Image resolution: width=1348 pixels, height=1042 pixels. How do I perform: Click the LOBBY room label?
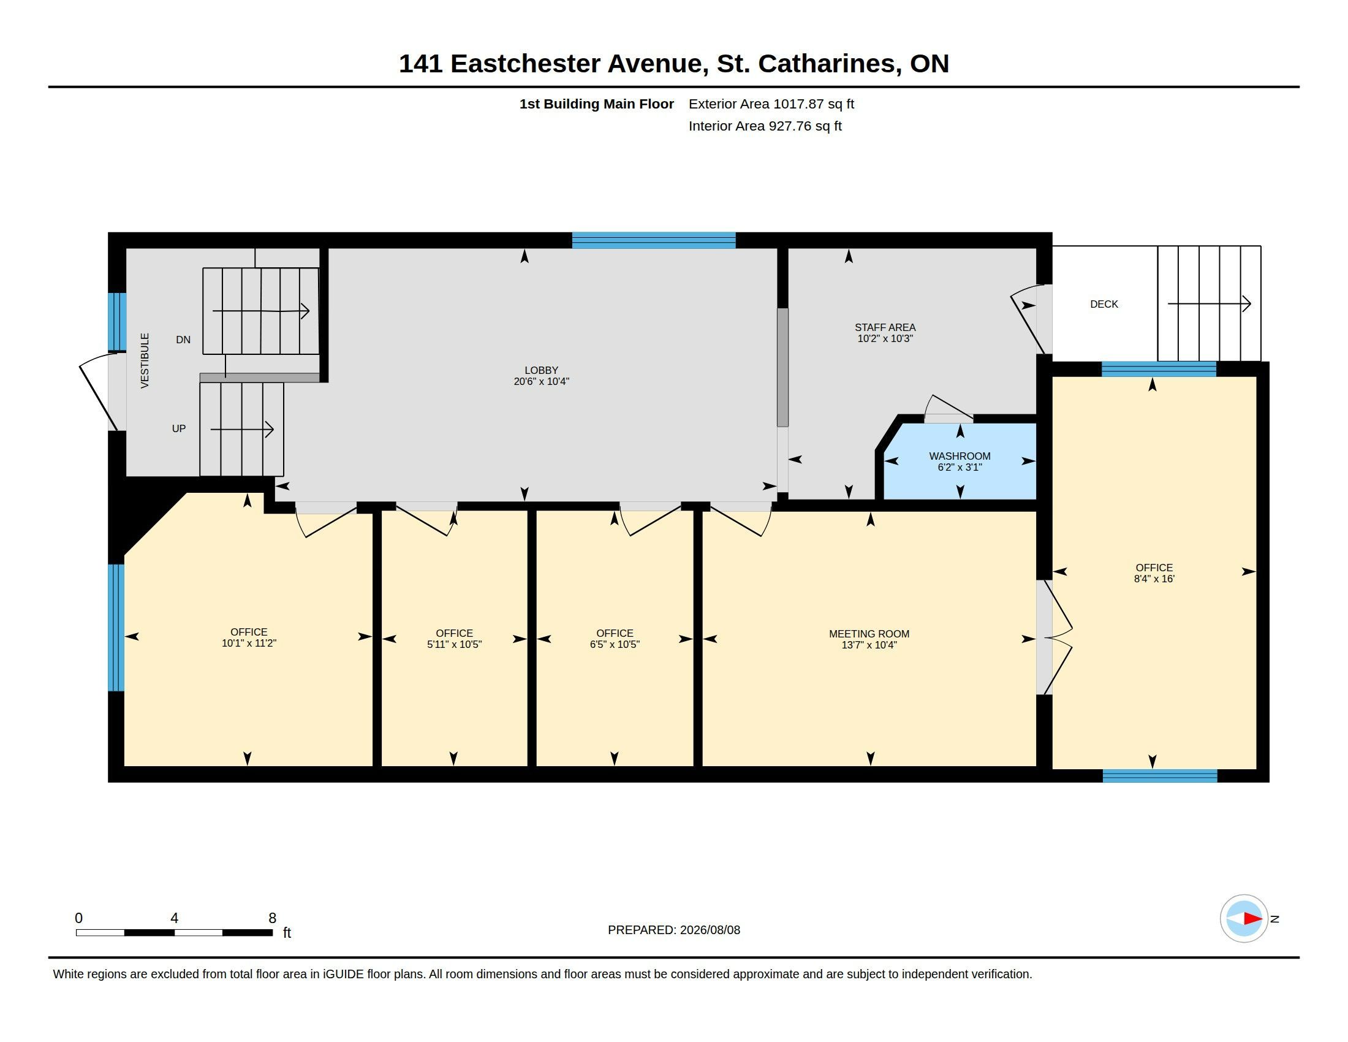[x=541, y=370]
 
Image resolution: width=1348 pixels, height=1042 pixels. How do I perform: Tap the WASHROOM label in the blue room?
[x=960, y=456]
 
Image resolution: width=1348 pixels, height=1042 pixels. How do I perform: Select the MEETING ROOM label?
[x=869, y=634]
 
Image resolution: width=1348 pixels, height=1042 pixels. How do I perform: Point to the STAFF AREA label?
[x=885, y=327]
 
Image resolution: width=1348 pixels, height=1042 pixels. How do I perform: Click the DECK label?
[x=1104, y=305]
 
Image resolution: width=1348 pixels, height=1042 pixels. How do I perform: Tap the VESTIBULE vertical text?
[x=145, y=360]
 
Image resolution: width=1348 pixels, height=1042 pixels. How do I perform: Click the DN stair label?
[x=183, y=340]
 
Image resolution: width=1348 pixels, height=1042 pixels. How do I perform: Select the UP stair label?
[x=179, y=428]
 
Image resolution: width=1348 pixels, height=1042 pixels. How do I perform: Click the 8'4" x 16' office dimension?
[x=1154, y=579]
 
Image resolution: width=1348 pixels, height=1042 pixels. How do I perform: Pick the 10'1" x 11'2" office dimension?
[x=249, y=643]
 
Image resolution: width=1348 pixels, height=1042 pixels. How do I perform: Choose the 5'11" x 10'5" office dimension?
[x=454, y=644]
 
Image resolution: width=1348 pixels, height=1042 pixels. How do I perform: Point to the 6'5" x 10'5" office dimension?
[x=615, y=644]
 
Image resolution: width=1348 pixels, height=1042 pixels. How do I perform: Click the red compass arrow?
[x=1252, y=919]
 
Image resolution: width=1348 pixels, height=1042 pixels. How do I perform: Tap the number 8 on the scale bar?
[x=272, y=918]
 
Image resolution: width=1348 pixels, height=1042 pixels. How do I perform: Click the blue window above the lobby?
[x=654, y=240]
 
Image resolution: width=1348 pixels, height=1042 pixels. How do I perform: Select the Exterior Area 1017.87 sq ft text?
[x=771, y=104]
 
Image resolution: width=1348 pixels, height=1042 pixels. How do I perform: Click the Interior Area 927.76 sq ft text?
[x=765, y=126]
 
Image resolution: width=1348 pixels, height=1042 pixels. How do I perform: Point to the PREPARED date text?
[x=674, y=930]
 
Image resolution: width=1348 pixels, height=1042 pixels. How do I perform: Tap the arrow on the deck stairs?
[x=1209, y=303]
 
